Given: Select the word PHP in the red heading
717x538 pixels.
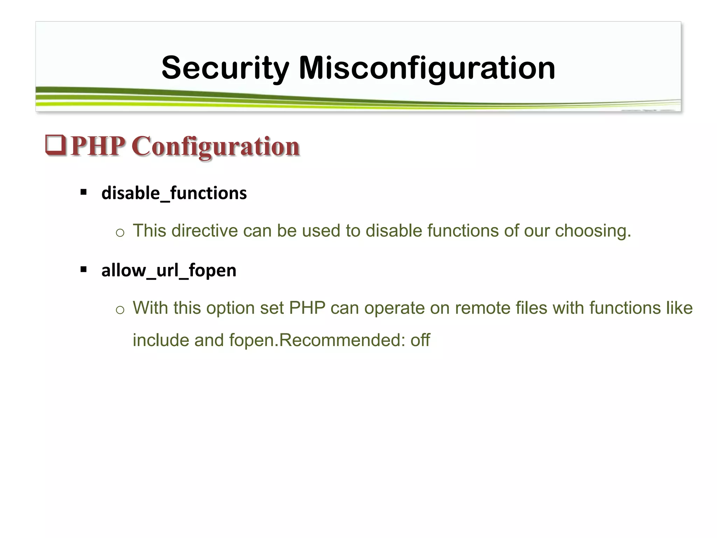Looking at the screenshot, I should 98,146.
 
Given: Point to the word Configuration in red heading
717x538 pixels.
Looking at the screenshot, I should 215,146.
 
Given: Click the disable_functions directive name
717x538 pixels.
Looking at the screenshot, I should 174,193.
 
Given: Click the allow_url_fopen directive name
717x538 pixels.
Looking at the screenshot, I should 169,270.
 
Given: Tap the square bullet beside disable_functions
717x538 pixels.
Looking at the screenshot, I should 83,192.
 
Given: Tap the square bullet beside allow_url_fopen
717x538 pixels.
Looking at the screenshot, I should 83,269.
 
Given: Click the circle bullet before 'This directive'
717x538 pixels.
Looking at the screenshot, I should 120,233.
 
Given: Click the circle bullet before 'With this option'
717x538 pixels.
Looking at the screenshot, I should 120,310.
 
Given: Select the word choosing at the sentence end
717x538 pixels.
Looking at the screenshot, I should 593,231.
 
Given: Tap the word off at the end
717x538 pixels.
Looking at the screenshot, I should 420,340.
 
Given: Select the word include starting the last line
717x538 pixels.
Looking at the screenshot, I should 161,340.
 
